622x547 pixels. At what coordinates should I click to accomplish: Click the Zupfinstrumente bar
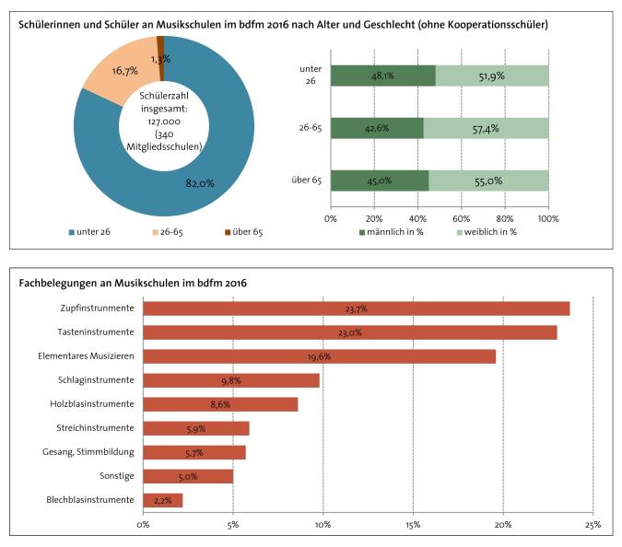(x=356, y=308)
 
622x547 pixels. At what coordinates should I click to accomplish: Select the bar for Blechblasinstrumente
(x=162, y=500)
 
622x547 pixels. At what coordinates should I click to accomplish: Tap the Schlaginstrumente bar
(x=230, y=380)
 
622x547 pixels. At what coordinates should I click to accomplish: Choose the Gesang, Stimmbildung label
(x=89, y=451)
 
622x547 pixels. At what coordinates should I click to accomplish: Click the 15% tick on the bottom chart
(x=413, y=524)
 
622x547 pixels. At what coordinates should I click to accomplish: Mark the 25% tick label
(x=592, y=524)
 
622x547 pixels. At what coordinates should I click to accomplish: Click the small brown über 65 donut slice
(x=160, y=42)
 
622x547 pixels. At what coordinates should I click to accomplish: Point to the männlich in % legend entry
(x=392, y=232)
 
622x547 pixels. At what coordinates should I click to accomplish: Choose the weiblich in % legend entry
(x=488, y=232)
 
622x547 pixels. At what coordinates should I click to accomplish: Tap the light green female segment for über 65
(x=488, y=180)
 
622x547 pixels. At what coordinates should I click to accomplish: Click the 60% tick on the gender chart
(x=462, y=219)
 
